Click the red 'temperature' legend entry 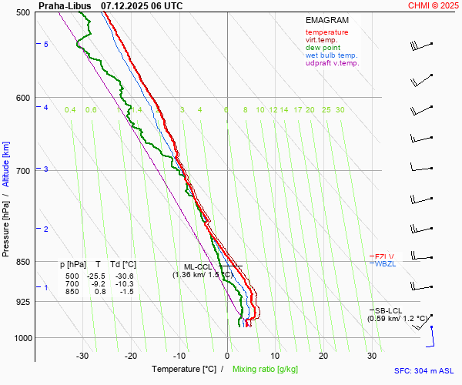point(326,32)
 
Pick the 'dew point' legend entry point(322,48)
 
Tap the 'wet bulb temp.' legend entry point(332,55)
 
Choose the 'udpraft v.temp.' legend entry point(332,63)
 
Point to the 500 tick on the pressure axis point(23,12)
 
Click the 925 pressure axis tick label point(23,302)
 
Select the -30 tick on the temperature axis point(82,356)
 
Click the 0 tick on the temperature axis point(227,356)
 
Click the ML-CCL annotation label point(197,266)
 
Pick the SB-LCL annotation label point(389,310)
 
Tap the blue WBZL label point(384,264)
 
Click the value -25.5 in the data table point(96,276)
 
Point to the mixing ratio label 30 point(340,110)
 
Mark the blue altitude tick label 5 point(46,45)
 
